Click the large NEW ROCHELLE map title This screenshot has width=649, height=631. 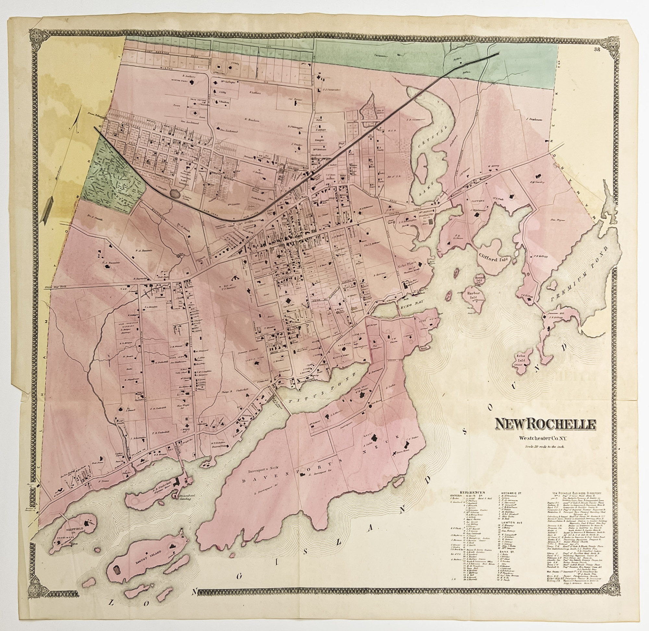[x=545, y=424]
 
